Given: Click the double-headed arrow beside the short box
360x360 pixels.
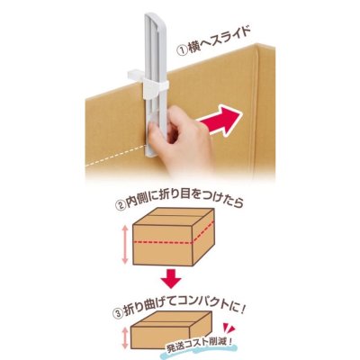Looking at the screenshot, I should (x=124, y=340).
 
